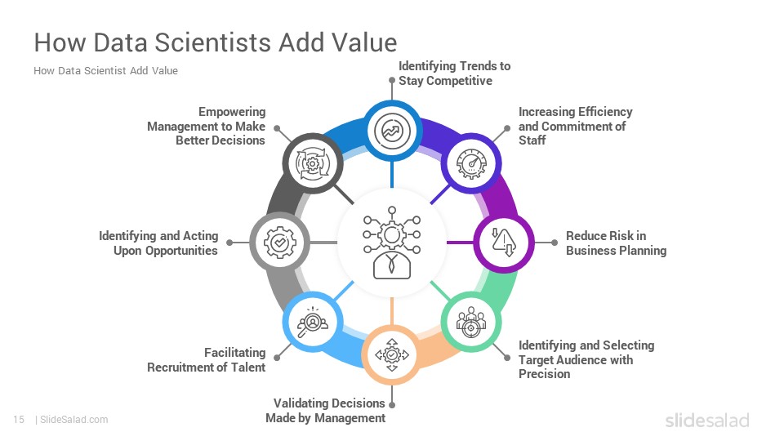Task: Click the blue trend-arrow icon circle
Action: tap(392, 131)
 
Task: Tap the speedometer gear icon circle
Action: tap(471, 163)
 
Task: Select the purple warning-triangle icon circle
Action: tap(504, 243)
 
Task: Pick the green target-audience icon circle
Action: tap(471, 322)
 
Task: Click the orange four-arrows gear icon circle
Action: tap(392, 354)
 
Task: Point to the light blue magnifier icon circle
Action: tap(313, 322)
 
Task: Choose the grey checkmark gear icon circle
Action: tap(280, 243)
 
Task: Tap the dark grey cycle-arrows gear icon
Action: tap(313, 163)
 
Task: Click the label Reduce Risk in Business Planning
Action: tap(616, 243)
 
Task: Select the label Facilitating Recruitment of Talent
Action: tap(206, 360)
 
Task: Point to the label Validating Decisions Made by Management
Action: tap(326, 411)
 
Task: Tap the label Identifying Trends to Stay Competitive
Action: tap(454, 73)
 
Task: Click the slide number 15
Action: tap(19, 420)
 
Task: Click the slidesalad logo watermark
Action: tap(707, 421)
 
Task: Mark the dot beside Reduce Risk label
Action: tap(554, 243)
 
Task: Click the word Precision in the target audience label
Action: tap(544, 374)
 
